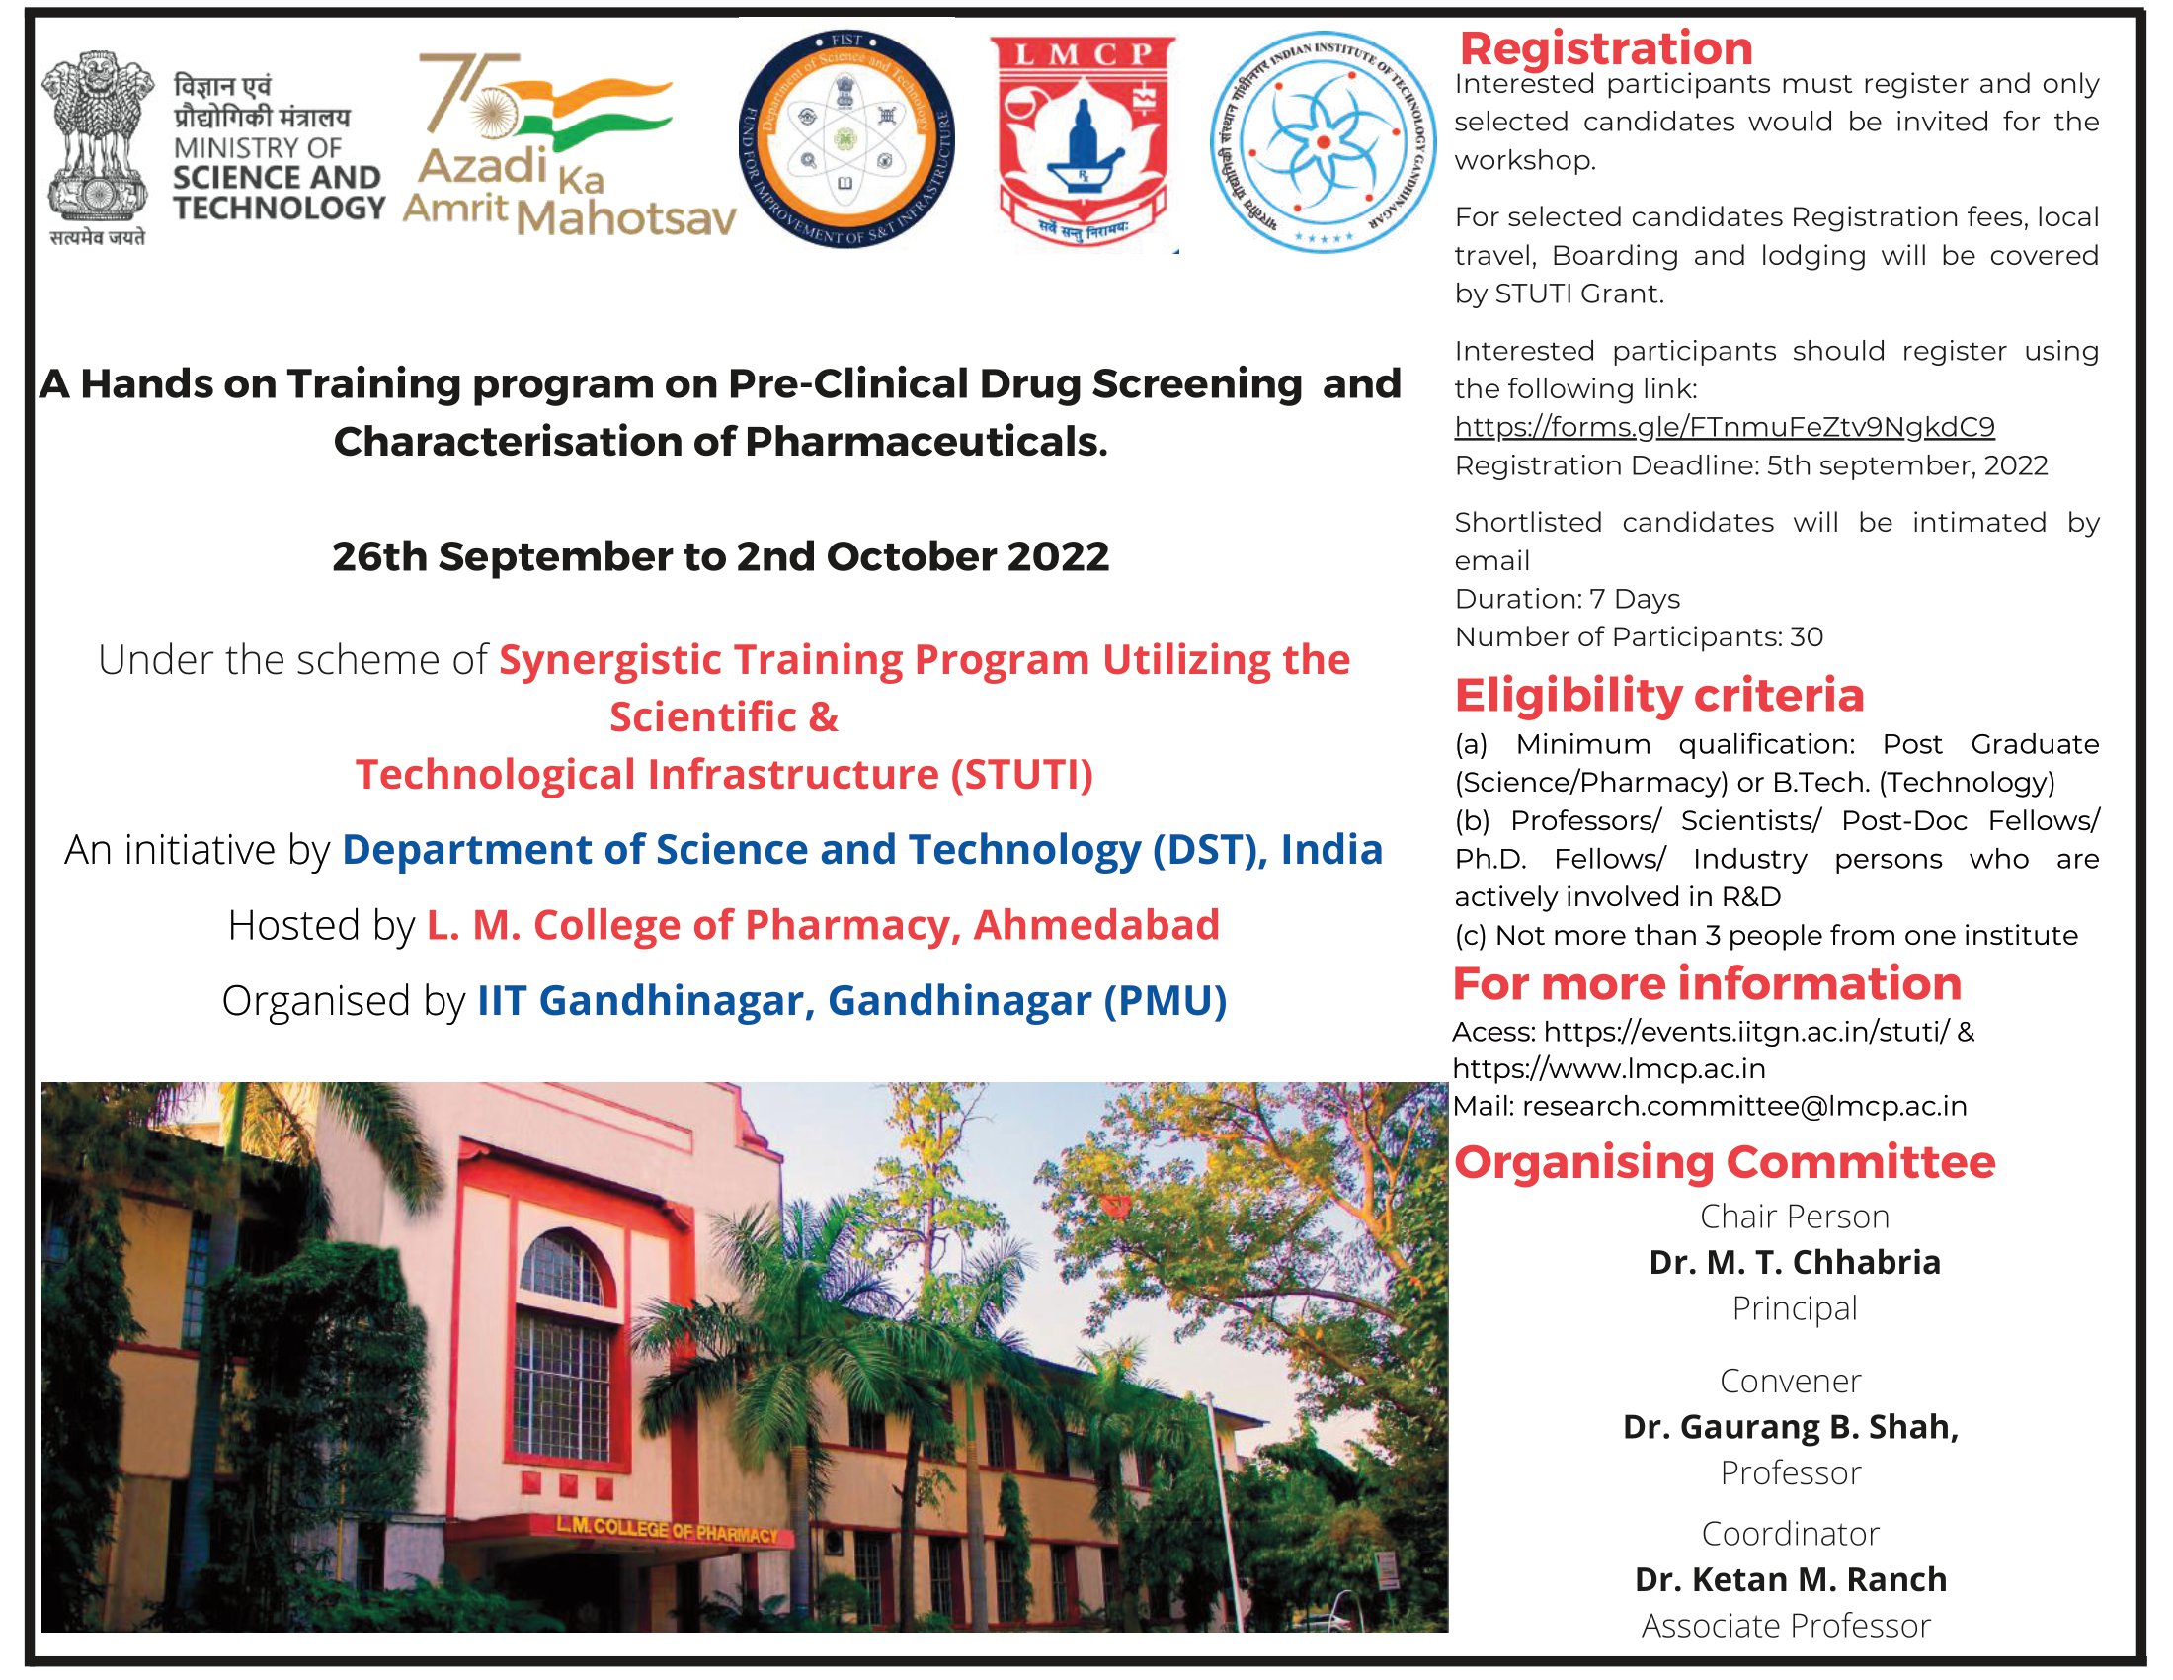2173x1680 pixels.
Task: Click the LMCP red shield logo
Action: [1083, 141]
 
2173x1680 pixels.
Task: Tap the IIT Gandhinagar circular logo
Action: [1323, 141]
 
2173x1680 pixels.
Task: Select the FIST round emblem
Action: [846, 139]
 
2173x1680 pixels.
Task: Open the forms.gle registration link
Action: [1725, 427]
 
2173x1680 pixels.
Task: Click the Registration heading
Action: [1606, 47]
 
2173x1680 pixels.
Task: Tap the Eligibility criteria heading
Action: [1658, 695]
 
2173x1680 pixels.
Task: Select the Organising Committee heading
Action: [1725, 1161]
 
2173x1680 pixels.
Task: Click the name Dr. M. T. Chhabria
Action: [1794, 1262]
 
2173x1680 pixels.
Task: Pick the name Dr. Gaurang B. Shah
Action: [1790, 1426]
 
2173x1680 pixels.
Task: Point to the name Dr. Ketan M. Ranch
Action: [1790, 1578]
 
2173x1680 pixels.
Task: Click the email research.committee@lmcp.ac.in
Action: [1744, 1106]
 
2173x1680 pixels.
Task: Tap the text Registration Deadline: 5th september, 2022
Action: [1751, 465]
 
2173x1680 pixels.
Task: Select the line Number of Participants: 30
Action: [1639, 637]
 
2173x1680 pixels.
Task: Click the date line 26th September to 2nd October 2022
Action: [720, 556]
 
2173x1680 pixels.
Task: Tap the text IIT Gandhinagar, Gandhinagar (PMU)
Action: [851, 1000]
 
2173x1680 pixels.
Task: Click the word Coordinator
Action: [1790, 1533]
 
